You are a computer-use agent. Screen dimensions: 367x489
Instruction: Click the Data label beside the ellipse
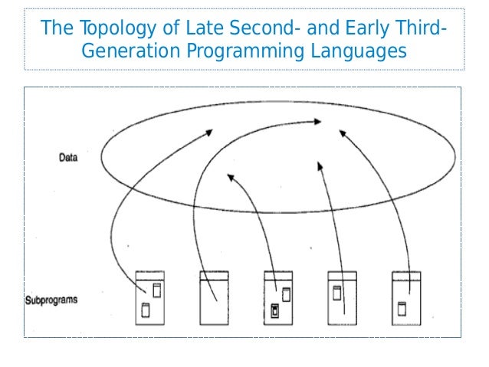click(x=68, y=159)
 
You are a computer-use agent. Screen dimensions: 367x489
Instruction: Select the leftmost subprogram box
click(x=150, y=298)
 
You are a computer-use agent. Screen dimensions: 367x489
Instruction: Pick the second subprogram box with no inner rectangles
click(x=215, y=298)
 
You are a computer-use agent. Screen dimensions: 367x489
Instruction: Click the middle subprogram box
click(x=279, y=298)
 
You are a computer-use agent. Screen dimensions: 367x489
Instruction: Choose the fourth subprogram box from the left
click(x=343, y=298)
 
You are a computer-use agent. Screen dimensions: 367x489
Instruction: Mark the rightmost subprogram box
click(x=407, y=298)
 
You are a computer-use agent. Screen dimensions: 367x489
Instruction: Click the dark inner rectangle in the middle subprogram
click(x=274, y=310)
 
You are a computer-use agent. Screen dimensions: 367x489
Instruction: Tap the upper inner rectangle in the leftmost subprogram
click(x=157, y=290)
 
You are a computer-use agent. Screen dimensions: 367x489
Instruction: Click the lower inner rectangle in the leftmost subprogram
click(x=145, y=310)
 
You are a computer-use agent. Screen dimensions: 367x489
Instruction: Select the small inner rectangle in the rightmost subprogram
click(x=401, y=308)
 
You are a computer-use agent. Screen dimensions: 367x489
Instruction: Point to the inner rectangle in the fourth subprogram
click(x=336, y=291)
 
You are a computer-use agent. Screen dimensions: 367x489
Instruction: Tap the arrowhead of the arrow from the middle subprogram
click(x=229, y=177)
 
